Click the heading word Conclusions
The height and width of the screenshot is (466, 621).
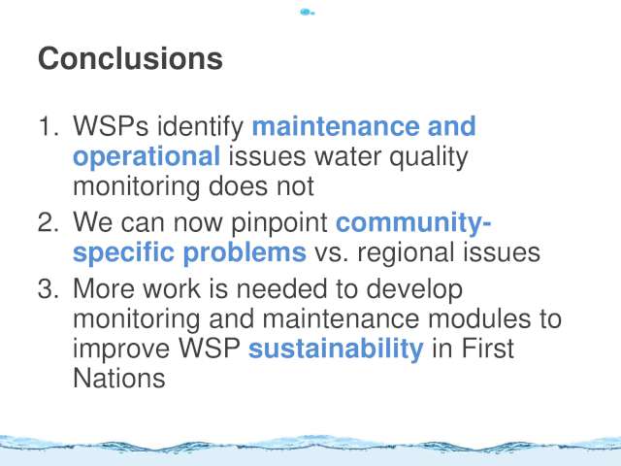tap(130, 58)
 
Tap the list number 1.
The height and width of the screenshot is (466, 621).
tap(49, 126)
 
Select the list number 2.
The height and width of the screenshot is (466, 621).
tap(49, 222)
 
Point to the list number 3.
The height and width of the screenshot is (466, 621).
tap(49, 288)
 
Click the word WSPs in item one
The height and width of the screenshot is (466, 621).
tap(111, 126)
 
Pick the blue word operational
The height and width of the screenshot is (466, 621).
tap(147, 157)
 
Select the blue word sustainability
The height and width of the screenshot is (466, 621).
tap(336, 349)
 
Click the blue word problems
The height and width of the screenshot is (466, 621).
tap(245, 252)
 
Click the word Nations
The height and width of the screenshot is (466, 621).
tap(119, 379)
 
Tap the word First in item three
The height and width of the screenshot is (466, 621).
tap(488, 349)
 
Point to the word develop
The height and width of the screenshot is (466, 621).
tap(414, 290)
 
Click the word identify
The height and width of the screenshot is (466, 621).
tap(201, 127)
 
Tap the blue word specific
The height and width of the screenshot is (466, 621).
tap(123, 252)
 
